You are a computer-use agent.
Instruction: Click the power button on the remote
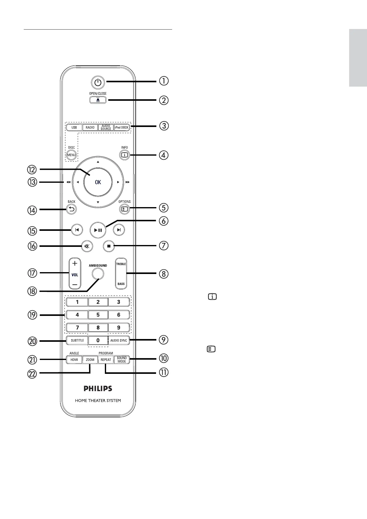[98, 83]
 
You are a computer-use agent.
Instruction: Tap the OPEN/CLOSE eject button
[98, 100]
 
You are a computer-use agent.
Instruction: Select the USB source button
[74, 127]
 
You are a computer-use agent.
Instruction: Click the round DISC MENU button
[71, 155]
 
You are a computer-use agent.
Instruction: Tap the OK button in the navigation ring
[98, 182]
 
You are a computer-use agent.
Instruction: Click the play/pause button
[98, 230]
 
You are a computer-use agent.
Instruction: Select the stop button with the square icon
[109, 246]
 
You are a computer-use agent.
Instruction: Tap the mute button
[87, 246]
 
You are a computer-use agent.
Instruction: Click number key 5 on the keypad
[98, 315]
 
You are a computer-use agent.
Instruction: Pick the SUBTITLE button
[77, 341]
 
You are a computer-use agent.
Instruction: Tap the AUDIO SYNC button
[119, 341]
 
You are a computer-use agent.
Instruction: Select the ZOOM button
[90, 360]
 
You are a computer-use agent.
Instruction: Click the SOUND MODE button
[122, 360]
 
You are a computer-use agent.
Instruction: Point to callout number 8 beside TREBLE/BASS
[164, 274]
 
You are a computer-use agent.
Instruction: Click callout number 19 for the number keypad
[32, 315]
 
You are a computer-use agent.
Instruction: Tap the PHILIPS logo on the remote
[98, 389]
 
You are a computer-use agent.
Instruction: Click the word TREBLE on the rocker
[121, 264]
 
